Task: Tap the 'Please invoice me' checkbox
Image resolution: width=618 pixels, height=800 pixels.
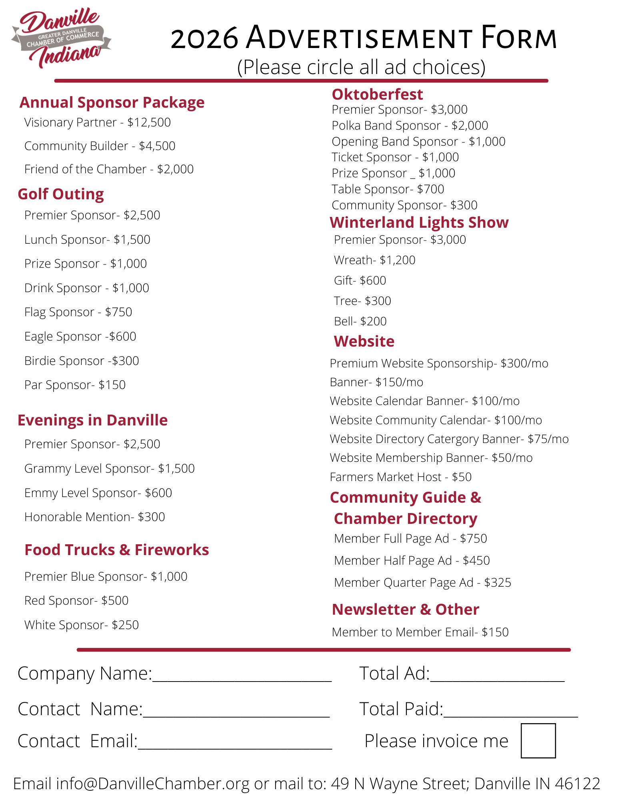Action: click(x=538, y=740)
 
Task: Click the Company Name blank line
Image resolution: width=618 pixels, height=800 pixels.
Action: click(x=242, y=676)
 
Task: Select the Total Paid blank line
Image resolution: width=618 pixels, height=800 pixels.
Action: click(x=510, y=712)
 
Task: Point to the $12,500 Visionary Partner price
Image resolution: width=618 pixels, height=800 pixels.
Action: click(x=149, y=122)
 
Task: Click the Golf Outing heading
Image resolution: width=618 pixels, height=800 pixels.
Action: click(x=61, y=194)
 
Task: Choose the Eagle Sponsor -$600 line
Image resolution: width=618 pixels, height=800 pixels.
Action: click(x=80, y=337)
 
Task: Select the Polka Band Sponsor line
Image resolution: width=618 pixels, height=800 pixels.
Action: click(x=410, y=126)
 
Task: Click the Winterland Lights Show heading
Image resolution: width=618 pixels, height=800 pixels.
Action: click(x=419, y=223)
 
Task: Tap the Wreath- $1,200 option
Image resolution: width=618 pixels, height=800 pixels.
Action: click(x=374, y=260)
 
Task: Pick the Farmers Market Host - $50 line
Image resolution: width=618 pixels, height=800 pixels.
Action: click(x=400, y=477)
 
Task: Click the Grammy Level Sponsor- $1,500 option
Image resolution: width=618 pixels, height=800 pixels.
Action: click(x=109, y=469)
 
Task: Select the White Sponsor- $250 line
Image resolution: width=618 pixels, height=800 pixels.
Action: click(x=82, y=625)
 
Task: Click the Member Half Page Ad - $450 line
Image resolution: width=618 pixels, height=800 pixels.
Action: click(x=412, y=561)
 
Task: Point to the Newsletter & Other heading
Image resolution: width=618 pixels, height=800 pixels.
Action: click(x=405, y=610)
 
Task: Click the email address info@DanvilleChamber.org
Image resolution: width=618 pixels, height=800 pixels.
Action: click(x=153, y=784)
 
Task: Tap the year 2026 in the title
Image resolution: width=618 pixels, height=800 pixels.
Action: click(x=204, y=39)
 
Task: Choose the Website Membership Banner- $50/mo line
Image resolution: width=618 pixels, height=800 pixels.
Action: click(x=431, y=458)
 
